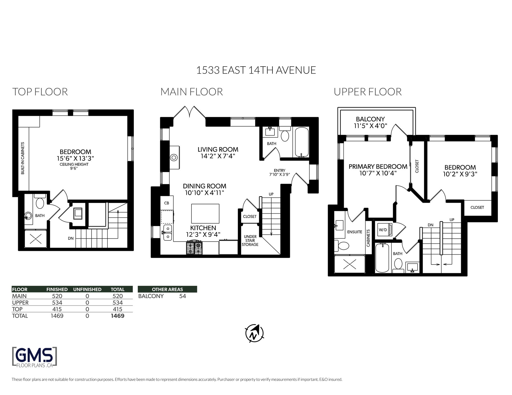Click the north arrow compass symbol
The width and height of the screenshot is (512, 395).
pyautogui.click(x=254, y=333)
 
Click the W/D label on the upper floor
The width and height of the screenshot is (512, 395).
pyautogui.click(x=383, y=230)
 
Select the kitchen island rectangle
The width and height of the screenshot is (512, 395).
pyautogui.click(x=205, y=214)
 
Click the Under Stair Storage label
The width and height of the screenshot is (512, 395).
pyautogui.click(x=250, y=241)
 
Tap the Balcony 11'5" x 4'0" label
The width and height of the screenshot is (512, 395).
pyautogui.click(x=370, y=123)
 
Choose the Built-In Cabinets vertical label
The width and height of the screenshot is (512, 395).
pyautogui.click(x=23, y=158)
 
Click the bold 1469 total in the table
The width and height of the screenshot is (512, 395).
pyautogui.click(x=118, y=316)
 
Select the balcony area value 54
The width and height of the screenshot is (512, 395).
pyautogui.click(x=182, y=296)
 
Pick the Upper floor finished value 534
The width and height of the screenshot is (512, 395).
pyautogui.click(x=57, y=303)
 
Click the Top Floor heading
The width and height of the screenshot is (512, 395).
pyautogui.click(x=40, y=92)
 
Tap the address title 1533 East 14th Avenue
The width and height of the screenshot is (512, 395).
pyautogui.click(x=256, y=70)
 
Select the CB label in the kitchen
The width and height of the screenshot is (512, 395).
pyautogui.click(x=167, y=203)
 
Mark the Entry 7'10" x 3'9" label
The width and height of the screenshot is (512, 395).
pyautogui.click(x=279, y=173)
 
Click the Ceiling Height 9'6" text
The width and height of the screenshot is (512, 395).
pyautogui.click(x=74, y=166)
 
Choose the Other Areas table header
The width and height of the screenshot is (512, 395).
pyautogui.click(x=167, y=289)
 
